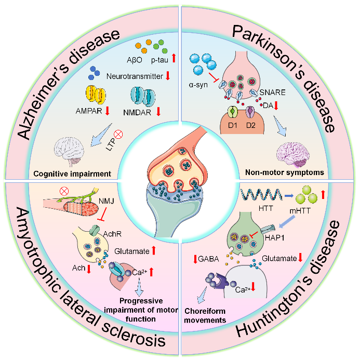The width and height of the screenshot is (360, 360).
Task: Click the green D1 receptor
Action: [x=231, y=113]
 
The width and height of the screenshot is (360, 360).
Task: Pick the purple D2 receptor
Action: [x=250, y=113]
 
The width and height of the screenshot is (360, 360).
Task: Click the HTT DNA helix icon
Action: [x=255, y=196]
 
